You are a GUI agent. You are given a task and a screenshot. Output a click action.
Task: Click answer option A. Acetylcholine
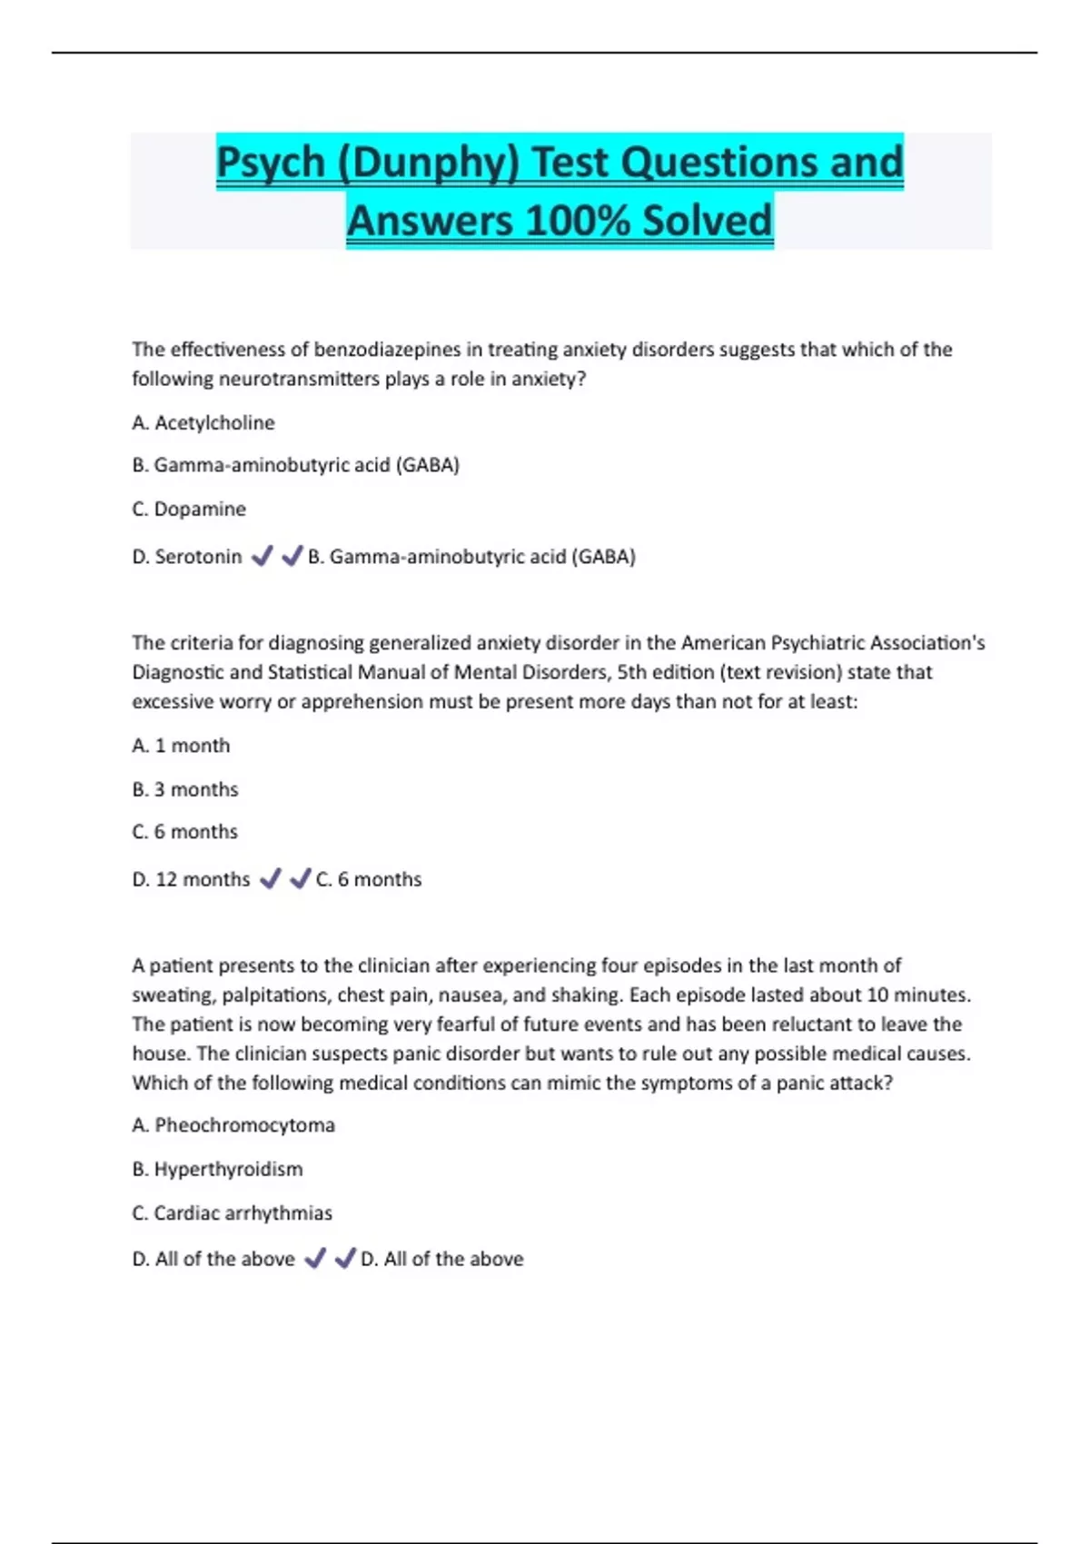(203, 422)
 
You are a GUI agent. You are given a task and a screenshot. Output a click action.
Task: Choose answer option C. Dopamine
(189, 509)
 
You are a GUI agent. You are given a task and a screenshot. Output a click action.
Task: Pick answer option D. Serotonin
(187, 556)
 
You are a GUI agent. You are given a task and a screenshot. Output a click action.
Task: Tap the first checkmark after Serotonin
(262, 556)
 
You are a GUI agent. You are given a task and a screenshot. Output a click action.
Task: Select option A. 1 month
(181, 746)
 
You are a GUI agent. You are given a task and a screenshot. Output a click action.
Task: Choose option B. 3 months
(185, 789)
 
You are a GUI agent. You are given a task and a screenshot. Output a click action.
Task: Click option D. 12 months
(191, 879)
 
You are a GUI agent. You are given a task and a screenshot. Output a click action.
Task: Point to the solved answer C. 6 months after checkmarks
(369, 879)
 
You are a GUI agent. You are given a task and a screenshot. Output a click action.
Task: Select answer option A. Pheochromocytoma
(233, 1125)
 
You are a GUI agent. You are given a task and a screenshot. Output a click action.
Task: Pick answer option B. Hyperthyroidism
(217, 1169)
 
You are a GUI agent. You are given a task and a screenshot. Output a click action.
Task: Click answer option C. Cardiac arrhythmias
(232, 1212)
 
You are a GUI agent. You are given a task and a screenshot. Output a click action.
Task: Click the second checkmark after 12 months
(300, 879)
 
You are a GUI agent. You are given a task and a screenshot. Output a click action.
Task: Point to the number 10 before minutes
(877, 995)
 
